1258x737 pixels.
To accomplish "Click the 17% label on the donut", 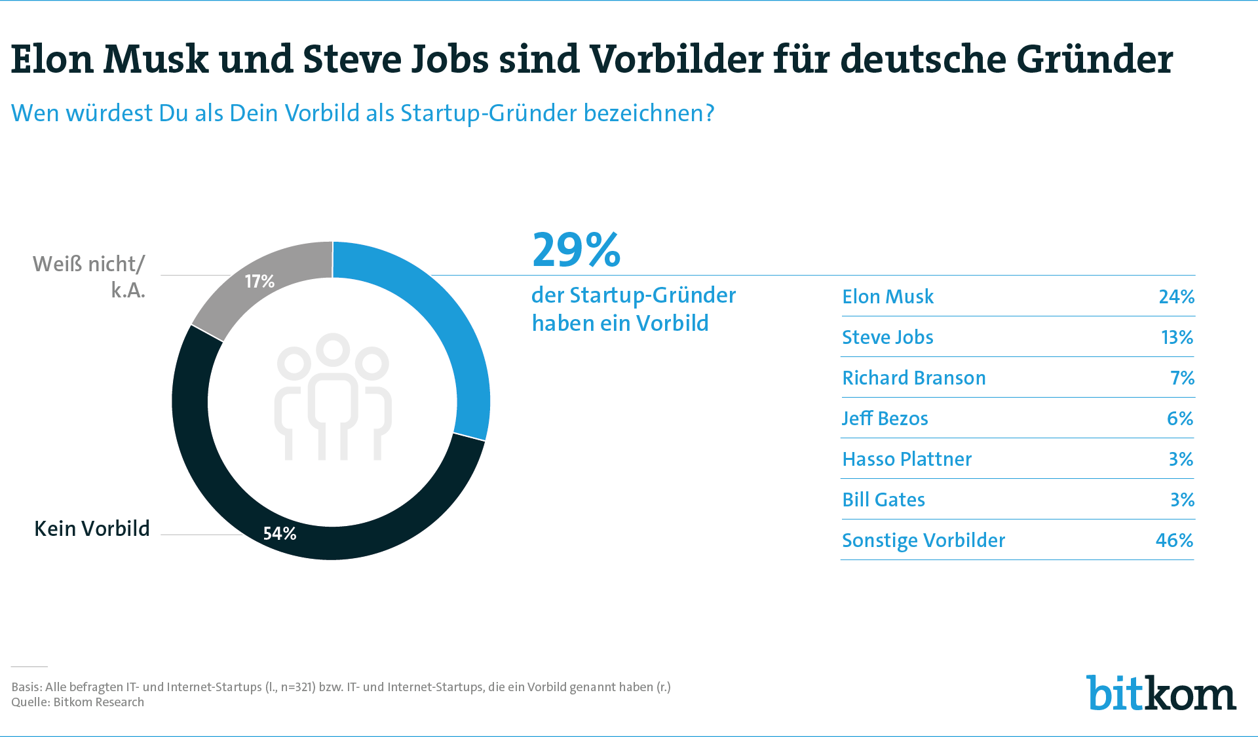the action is [259, 282].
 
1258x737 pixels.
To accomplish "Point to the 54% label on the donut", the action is [280, 534].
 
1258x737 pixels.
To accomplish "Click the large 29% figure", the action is [576, 250].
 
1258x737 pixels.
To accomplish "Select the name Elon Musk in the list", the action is [888, 297].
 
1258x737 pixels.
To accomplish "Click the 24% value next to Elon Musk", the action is [1177, 297].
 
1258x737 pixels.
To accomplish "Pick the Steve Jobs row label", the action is [888, 337].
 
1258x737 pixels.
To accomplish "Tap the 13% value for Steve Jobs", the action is [1177, 337].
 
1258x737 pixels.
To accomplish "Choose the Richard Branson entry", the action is [914, 378].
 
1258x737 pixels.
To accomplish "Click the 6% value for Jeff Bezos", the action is [1180, 419].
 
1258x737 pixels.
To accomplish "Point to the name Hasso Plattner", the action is [907, 459].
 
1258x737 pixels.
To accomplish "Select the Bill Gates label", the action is [884, 500].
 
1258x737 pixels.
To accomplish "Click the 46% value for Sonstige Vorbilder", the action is [1175, 540].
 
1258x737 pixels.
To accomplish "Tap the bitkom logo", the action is [1162, 692].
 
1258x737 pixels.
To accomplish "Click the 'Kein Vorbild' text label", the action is [92, 529].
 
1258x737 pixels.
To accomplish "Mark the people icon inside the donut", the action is [333, 396].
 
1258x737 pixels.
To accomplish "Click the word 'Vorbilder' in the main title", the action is [676, 59].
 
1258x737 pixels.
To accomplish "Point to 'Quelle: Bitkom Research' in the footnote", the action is [77, 702].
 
